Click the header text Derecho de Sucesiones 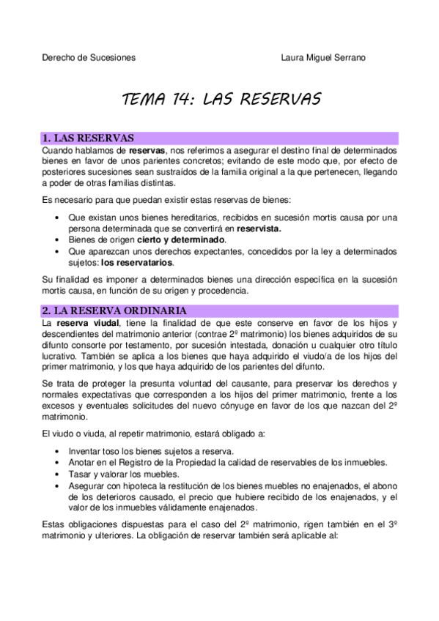[89, 58]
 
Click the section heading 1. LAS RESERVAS [88, 138]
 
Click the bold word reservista [254, 228]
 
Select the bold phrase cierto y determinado [182, 239]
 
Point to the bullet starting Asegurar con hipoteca [233, 486]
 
